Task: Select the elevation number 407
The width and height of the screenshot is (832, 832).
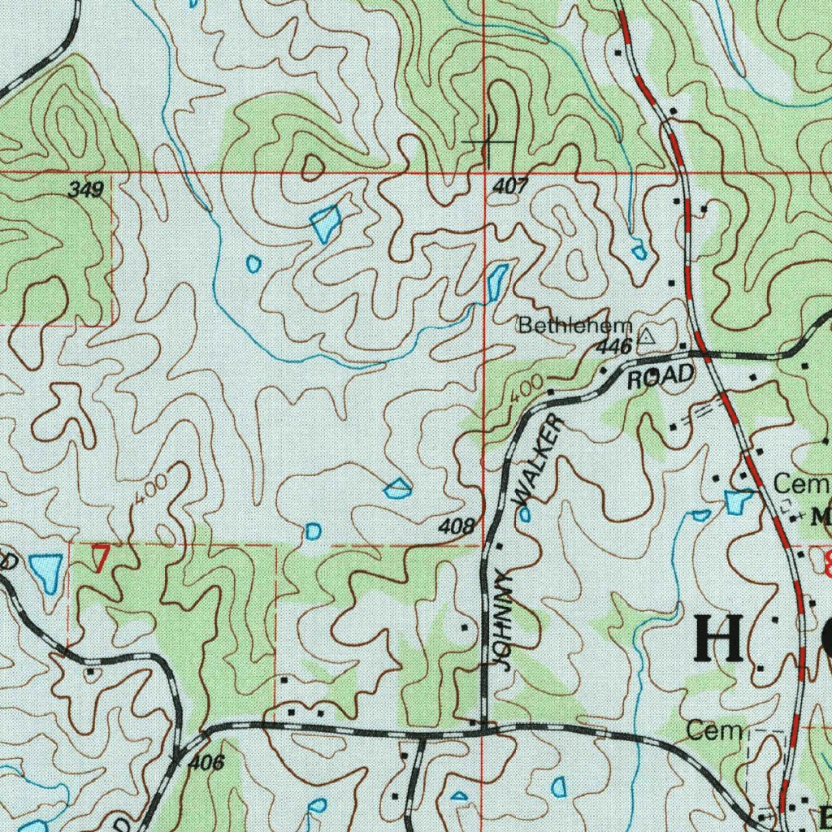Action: tap(509, 187)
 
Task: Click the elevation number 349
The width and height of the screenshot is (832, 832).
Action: tap(85, 191)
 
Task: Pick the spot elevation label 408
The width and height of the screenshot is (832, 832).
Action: tap(456, 527)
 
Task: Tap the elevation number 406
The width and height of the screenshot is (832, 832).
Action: tap(206, 763)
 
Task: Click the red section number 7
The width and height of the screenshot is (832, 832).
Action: tap(100, 560)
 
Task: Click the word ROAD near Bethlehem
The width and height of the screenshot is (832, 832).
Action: tap(661, 376)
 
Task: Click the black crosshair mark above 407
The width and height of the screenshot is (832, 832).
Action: tap(491, 142)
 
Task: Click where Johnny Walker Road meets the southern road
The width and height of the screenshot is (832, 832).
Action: tap(485, 729)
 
